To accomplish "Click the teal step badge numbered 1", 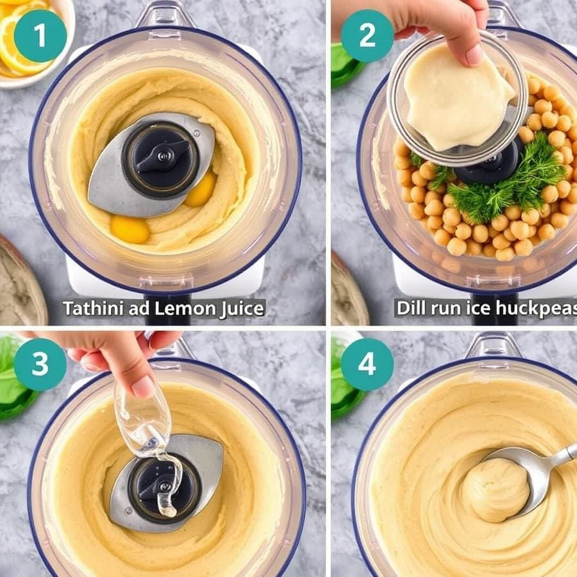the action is click(40, 36).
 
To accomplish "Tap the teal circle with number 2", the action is click(367, 36).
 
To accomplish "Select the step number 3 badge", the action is click(40, 364).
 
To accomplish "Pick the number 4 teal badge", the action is click(367, 364).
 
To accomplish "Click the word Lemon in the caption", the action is click(184, 308).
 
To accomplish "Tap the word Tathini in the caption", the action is click(94, 308).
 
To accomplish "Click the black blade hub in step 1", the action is click(160, 159).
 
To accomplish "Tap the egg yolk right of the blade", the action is click(201, 189).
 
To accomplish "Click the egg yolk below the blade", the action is click(130, 230).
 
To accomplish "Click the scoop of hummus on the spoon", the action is click(496, 489).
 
